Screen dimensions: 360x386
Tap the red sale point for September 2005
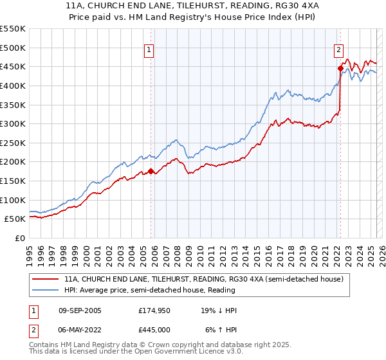pos(151,171)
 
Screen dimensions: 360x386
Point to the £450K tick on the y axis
pos(13,66)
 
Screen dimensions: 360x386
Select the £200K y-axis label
pos(13,161)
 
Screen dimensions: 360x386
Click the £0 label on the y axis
pos(20,238)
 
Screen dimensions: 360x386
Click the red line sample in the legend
pos(46,280)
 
